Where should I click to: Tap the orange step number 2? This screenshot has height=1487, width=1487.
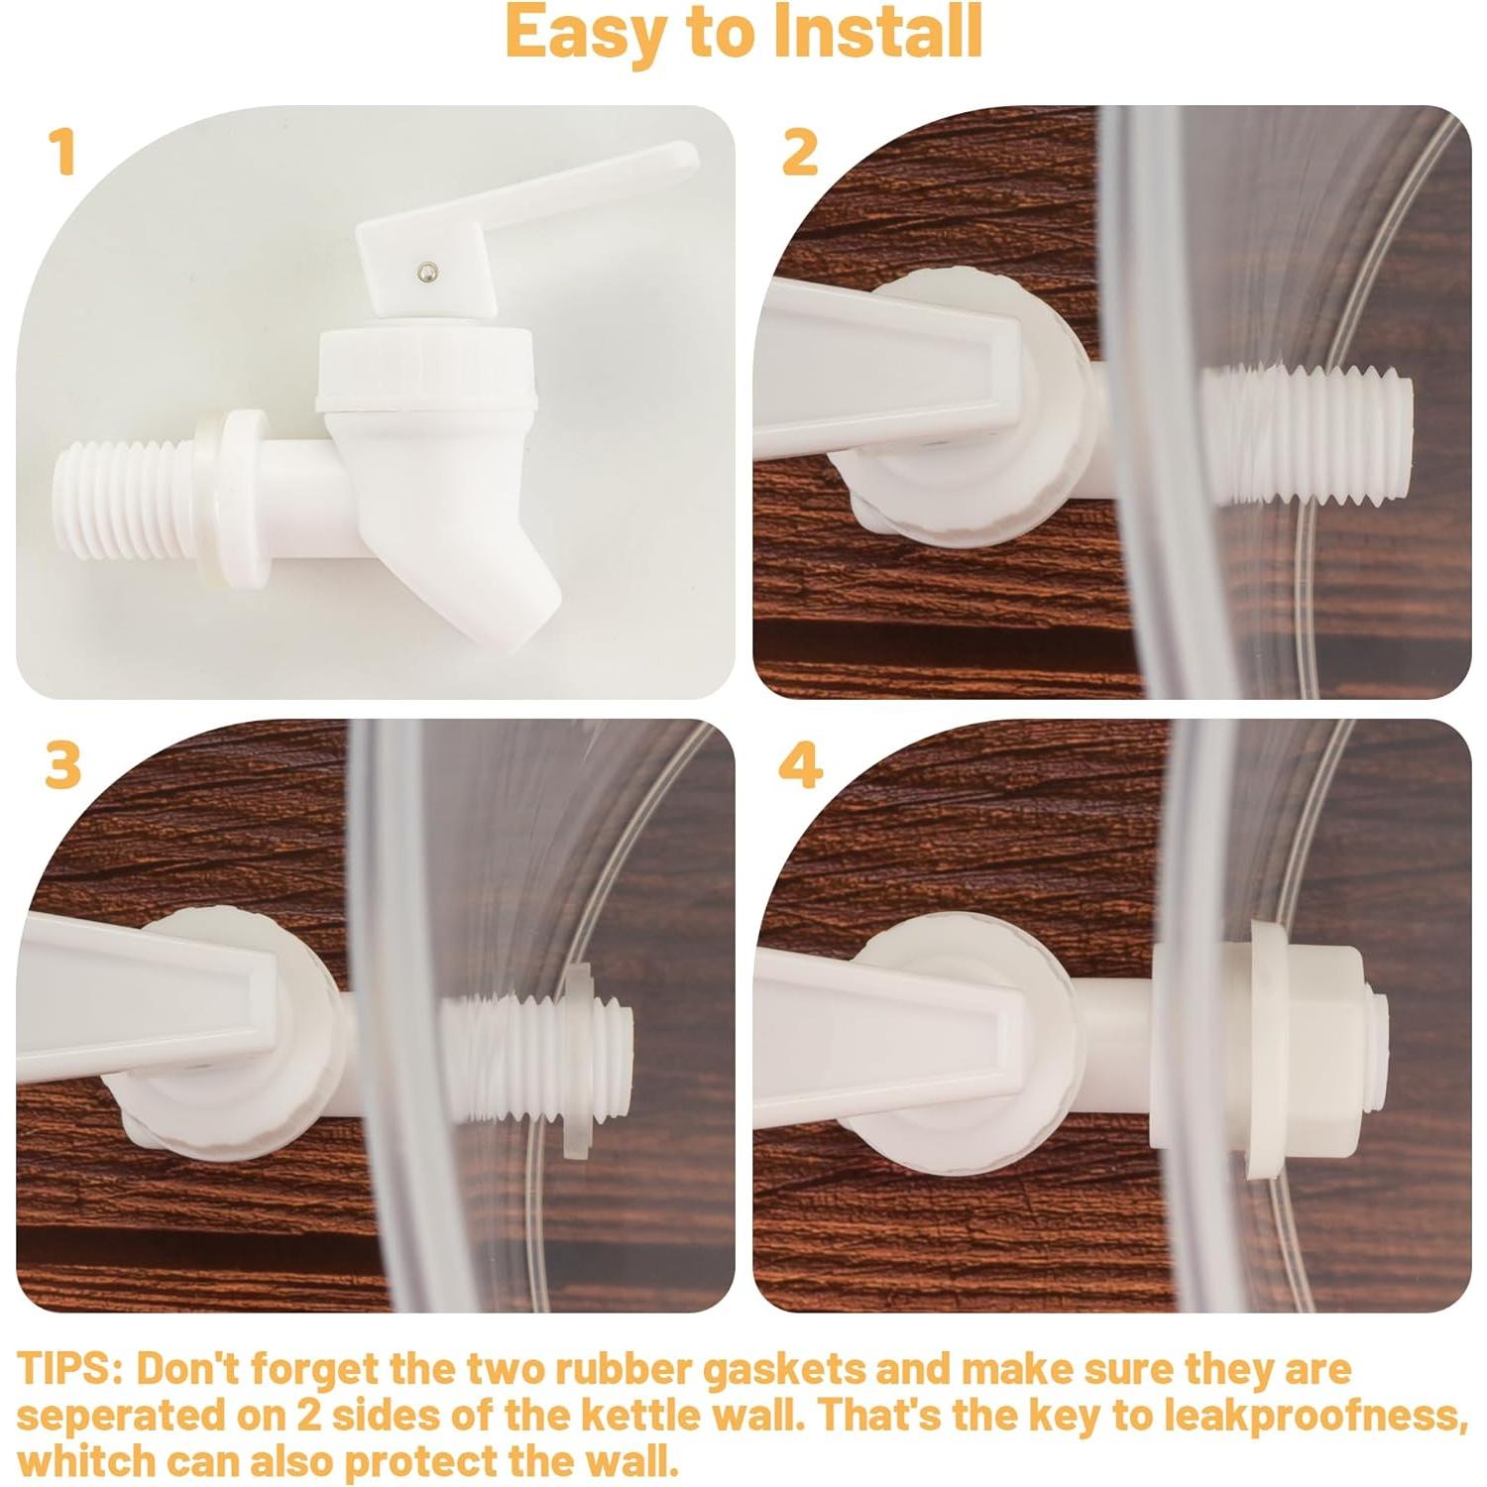[x=800, y=153]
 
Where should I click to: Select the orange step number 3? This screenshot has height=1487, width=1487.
[x=62, y=765]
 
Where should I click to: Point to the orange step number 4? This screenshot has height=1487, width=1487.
[x=801, y=765]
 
